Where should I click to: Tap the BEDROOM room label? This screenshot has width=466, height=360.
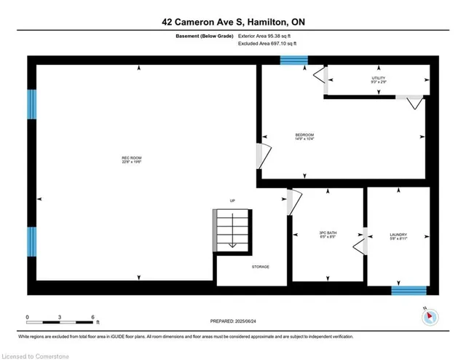point(304,136)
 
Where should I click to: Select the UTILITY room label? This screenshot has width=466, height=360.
point(378,80)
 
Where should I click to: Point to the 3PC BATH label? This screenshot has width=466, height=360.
point(327,235)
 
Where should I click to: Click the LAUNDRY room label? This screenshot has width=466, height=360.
point(398,235)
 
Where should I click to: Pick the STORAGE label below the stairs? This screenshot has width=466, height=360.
point(261,267)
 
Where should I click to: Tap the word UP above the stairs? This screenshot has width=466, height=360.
point(232,200)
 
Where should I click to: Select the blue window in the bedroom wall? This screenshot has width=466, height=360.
point(294,60)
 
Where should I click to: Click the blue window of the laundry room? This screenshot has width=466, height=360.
point(408,290)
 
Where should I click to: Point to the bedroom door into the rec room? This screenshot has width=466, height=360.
point(262,156)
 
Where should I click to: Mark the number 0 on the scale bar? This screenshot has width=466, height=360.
point(28,317)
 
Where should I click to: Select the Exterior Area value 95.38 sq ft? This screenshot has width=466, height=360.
point(267,36)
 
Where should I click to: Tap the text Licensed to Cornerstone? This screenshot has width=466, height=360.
point(35,355)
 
